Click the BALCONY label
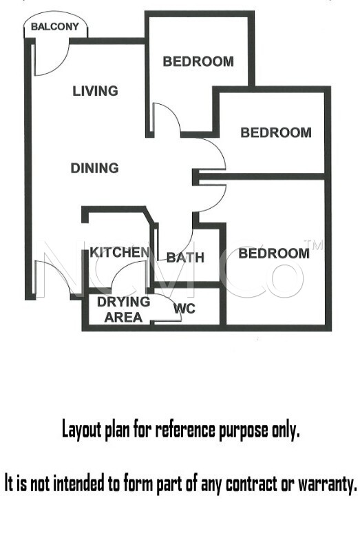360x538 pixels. [x=55, y=27]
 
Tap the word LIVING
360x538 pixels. [x=95, y=91]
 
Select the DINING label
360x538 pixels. [x=94, y=168]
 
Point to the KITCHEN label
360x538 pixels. [x=120, y=253]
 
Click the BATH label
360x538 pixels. [x=185, y=258]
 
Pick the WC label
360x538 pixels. [x=184, y=309]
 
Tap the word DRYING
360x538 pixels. [x=123, y=302]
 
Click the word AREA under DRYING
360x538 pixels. [x=123, y=318]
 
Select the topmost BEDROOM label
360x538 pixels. [x=198, y=62]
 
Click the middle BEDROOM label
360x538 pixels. [x=276, y=133]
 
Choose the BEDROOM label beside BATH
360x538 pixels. [x=274, y=254]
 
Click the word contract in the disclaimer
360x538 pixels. [x=251, y=484]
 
